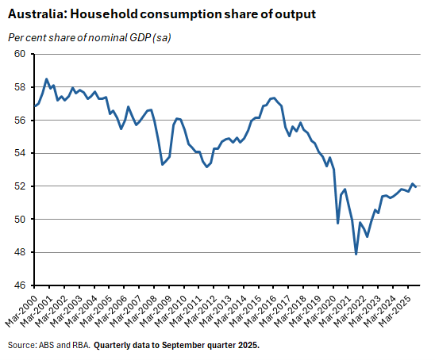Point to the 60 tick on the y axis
click(x=19, y=54)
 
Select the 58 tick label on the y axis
click(x=19, y=87)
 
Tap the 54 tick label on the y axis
click(x=19, y=153)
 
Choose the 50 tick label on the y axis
click(x=19, y=220)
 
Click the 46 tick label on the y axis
click(x=19, y=285)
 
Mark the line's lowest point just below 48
click(x=356, y=254)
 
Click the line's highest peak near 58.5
click(x=47, y=79)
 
